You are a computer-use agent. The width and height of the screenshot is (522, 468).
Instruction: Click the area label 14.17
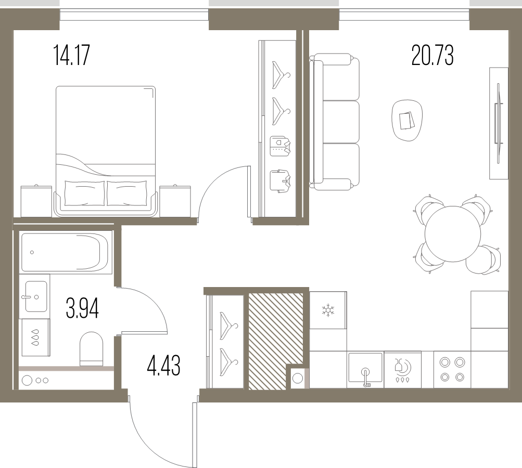pos(72,56)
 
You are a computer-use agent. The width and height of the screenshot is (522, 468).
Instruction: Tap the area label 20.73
pos(432,56)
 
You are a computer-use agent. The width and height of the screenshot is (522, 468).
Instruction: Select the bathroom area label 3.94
pos(82,308)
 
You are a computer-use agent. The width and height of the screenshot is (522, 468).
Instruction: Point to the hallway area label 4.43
pos(163,365)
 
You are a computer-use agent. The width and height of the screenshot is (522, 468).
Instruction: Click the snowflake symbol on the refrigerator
pos(328,310)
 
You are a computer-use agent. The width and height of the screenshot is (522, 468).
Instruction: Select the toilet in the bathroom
pos(91,348)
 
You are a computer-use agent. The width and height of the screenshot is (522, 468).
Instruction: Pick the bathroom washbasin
pos(36,296)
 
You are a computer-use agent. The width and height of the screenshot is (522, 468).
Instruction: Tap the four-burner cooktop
pos(452,369)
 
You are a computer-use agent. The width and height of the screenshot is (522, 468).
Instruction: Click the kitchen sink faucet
pos(365,377)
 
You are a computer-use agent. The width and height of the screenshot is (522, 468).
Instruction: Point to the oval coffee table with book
pos(407,121)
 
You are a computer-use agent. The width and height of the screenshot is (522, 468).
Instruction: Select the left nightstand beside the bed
pos(36,201)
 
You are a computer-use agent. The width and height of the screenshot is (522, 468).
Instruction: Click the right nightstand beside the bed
pos(175,201)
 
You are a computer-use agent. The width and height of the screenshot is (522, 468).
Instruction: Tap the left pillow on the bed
pos(84,193)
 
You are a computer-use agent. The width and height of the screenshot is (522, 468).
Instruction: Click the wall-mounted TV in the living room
pos(498,123)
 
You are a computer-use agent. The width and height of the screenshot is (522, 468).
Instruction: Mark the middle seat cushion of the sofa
pos(341,122)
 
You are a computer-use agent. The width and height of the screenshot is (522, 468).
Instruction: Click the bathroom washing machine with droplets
pos(35,337)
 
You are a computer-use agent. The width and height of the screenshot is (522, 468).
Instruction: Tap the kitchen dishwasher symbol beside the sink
pos(402,369)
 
